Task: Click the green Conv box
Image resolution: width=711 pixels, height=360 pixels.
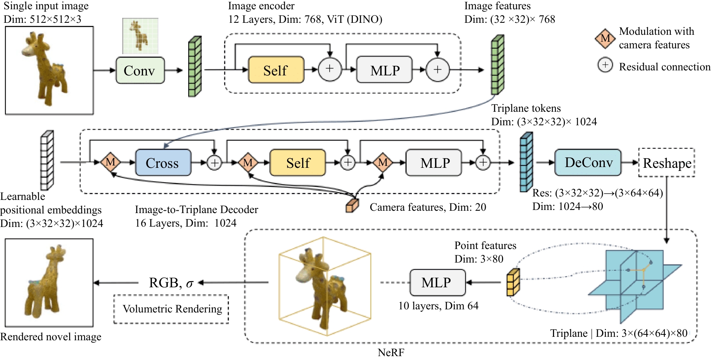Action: [x=140, y=70]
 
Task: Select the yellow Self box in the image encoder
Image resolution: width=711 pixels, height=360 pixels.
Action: [x=276, y=70]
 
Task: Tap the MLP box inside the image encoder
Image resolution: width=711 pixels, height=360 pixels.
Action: [x=384, y=70]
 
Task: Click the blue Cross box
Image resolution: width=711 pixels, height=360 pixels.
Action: [x=163, y=163]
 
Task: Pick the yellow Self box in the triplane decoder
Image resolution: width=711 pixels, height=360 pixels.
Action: [x=298, y=163]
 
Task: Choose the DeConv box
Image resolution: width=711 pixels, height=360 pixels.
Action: [x=588, y=162]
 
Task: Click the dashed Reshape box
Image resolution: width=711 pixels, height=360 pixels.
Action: [x=667, y=163]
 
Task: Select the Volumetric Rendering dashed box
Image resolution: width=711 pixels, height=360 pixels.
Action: [x=171, y=309]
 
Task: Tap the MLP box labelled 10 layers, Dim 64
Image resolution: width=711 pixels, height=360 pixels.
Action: [x=437, y=283]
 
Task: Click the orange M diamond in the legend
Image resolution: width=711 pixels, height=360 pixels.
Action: [x=605, y=38]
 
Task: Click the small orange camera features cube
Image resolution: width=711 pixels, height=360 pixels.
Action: [x=352, y=205]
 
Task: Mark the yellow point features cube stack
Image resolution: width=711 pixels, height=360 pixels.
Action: [x=513, y=282]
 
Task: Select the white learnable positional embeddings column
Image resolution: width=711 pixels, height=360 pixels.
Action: [x=47, y=160]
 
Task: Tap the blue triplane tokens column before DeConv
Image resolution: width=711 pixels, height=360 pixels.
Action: [x=526, y=162]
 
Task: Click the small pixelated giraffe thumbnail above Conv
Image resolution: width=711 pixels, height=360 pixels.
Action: [x=140, y=36]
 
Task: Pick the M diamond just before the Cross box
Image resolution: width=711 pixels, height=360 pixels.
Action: [x=111, y=162]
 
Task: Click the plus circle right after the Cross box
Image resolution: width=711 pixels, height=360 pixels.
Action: [x=214, y=163]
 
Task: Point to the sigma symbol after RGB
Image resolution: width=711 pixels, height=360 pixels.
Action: [x=190, y=283]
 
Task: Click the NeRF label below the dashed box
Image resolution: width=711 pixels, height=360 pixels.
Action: [x=391, y=353]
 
